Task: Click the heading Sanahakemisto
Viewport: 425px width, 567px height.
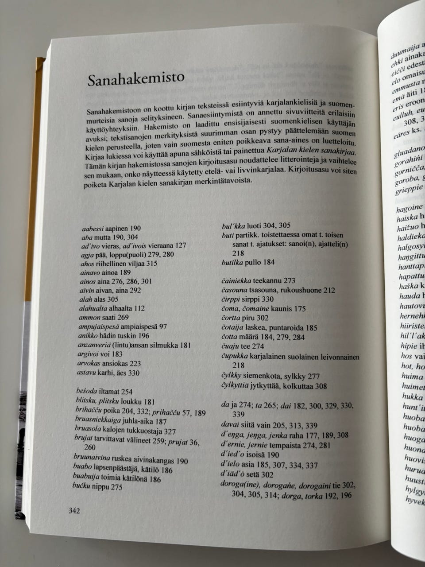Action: [135, 78]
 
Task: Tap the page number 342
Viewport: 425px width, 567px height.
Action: [74, 511]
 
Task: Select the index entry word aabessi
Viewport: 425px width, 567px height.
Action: [93, 229]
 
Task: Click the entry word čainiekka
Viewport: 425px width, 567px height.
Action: [236, 280]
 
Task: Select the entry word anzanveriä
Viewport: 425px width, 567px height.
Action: [95, 345]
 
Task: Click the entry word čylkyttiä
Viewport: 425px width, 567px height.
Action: [235, 386]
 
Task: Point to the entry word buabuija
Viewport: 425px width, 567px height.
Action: [86, 478]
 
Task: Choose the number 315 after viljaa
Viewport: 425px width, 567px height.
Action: [151, 264]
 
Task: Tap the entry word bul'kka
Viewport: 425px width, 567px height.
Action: [233, 225]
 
